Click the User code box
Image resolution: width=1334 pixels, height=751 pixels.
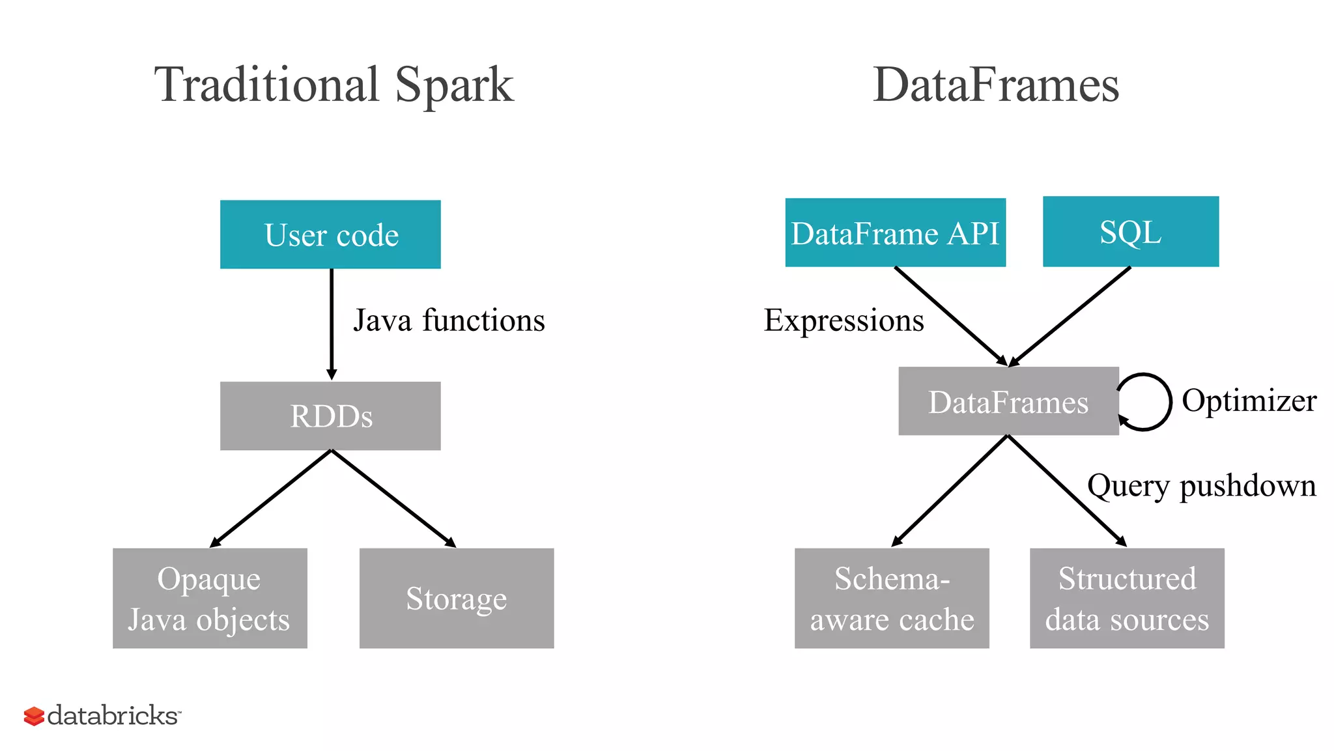pos(330,234)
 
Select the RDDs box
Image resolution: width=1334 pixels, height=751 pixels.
pos(330,416)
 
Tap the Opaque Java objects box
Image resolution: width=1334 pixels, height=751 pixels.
pos(210,598)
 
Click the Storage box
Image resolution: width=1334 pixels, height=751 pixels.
pos(457,598)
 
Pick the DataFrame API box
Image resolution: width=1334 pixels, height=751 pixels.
pos(895,233)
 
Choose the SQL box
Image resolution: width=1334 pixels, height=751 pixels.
pos(1131,231)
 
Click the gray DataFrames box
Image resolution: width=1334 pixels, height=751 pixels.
pos(1008,401)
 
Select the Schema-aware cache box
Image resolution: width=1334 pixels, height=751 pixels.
pos(892,598)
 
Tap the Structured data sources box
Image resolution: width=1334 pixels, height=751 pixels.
pos(1127,598)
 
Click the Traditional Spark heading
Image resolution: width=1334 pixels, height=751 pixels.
pos(333,85)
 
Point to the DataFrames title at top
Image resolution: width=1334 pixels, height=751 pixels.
pos(995,85)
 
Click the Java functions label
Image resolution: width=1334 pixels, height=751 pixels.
pos(449,320)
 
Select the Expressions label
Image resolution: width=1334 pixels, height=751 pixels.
pos(844,320)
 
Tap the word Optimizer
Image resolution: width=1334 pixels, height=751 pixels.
pos(1249,400)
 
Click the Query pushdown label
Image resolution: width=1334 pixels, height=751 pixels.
pos(1201,486)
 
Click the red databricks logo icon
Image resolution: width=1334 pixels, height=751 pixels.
pos(34,716)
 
